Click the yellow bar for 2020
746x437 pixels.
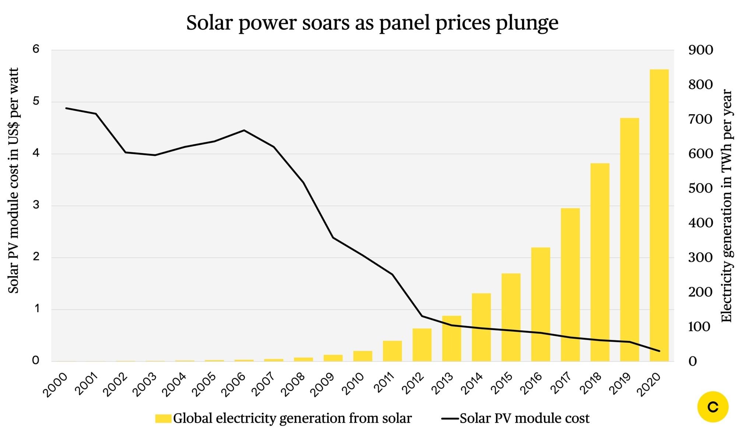[x=659, y=215]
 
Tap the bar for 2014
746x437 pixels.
[x=481, y=327]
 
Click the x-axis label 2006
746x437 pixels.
[x=234, y=384]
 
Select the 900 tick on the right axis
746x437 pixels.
[x=700, y=50]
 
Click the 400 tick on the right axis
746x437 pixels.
[x=700, y=223]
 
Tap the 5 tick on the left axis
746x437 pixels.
[x=36, y=101]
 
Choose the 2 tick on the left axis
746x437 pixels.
[x=36, y=257]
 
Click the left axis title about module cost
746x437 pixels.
[x=14, y=180]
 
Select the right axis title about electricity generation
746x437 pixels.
[x=726, y=206]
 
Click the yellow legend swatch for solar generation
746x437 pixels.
[x=163, y=419]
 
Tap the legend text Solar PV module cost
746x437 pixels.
[x=524, y=419]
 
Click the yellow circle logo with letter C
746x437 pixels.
[x=713, y=407]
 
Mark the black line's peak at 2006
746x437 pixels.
[x=244, y=130]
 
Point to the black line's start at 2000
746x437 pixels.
[x=66, y=108]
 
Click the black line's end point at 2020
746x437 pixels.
[x=659, y=351]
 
